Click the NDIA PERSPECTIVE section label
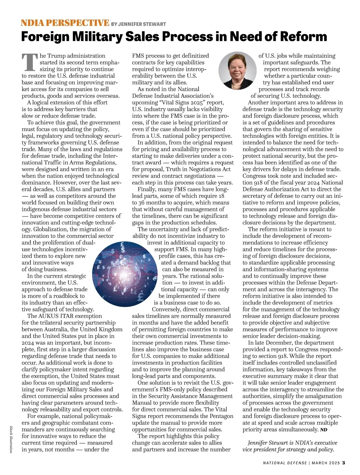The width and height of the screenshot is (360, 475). (x=65, y=23)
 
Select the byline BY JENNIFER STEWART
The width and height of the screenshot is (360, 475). (x=138, y=24)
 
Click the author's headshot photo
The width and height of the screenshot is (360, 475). (x=237, y=70)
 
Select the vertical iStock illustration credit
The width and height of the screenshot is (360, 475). (x=11, y=439)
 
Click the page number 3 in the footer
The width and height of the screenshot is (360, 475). (x=344, y=463)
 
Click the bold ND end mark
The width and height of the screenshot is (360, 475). (x=324, y=430)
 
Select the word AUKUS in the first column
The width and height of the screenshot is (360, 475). (x=49, y=316)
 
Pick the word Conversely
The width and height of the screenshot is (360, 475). (x=166, y=310)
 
